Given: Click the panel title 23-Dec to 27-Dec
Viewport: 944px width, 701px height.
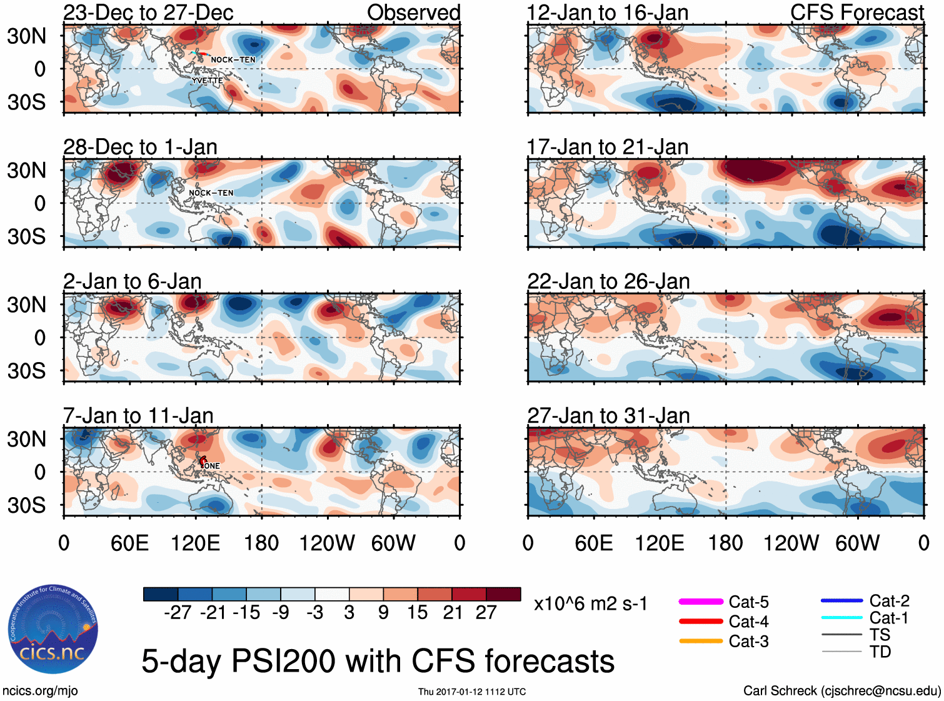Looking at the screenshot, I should (148, 13).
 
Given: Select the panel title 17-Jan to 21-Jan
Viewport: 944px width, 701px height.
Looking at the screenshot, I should (608, 147).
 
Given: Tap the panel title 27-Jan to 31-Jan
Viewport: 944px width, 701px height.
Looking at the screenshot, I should (608, 416).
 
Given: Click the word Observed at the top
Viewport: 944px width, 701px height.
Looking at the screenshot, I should (413, 13).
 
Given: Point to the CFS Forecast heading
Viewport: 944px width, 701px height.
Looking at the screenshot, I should (856, 13).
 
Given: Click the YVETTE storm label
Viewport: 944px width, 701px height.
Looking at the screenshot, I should (207, 81).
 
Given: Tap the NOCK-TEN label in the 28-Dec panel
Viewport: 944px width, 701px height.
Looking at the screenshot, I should (211, 193).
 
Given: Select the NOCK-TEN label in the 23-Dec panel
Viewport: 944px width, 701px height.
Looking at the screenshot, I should (233, 60).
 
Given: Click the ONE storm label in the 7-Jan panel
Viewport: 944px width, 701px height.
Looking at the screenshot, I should (212, 466).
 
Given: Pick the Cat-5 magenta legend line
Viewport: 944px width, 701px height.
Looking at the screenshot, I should (701, 602).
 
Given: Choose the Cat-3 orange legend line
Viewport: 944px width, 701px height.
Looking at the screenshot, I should (701, 641).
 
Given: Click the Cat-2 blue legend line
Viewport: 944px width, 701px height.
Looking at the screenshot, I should (841, 601).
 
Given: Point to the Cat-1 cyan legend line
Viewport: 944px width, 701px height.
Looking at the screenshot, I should (841, 618).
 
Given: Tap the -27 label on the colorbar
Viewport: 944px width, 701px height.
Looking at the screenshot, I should (178, 613).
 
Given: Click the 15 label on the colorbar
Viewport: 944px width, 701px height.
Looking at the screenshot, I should (417, 613).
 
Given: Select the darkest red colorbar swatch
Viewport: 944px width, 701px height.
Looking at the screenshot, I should (503, 594).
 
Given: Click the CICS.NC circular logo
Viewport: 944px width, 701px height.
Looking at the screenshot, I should (53, 629).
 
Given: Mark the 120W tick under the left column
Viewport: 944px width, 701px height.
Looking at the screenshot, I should (327, 543).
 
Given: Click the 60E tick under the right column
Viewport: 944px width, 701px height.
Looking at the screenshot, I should (593, 543).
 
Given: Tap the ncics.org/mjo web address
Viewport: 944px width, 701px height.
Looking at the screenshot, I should (40, 691).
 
